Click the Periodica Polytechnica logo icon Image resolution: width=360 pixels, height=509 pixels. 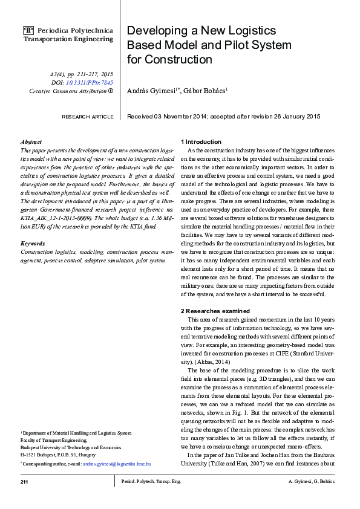tap(28, 29)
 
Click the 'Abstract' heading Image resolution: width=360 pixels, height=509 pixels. tap(31, 141)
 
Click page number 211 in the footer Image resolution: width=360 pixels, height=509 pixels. tap(25, 482)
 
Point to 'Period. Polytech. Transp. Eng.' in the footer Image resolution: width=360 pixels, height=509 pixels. tap(151, 482)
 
